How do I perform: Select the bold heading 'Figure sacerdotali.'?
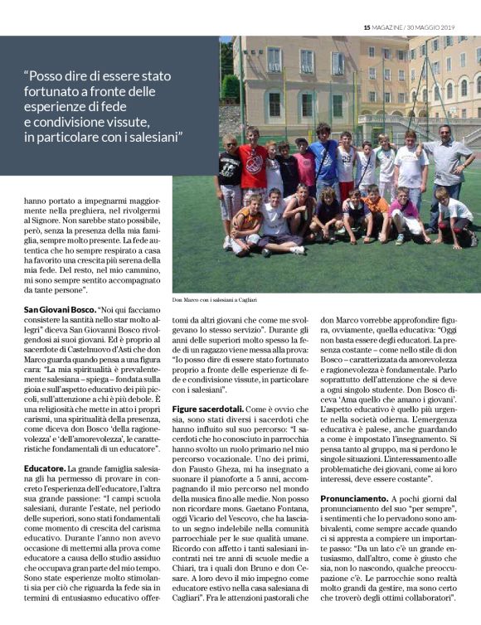(x=208, y=409)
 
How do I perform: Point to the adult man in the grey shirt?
(x=452, y=166)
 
